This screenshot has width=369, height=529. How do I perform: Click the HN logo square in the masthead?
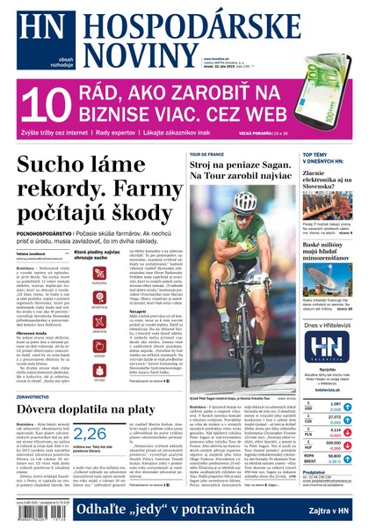(x=33, y=31)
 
